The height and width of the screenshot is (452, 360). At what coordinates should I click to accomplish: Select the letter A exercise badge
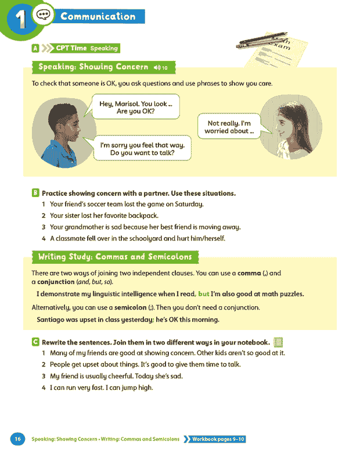coord(35,48)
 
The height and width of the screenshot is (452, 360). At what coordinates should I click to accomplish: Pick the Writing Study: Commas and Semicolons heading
coord(115,256)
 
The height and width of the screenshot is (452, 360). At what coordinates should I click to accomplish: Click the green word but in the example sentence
coord(203,294)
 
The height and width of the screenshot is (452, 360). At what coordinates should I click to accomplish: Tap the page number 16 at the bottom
coord(17,439)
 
